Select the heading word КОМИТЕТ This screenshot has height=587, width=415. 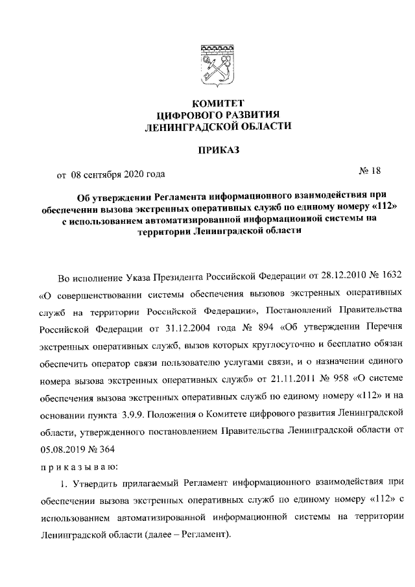point(217,102)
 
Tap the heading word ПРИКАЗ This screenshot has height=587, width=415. point(217,150)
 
